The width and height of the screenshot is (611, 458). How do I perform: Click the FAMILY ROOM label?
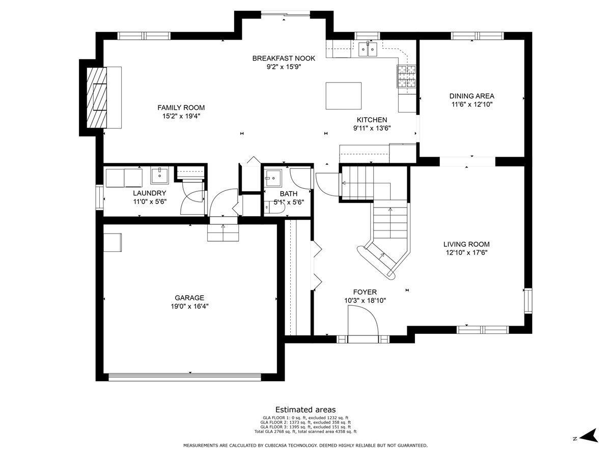tap(181, 107)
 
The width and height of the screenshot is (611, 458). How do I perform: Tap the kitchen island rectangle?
tap(344, 96)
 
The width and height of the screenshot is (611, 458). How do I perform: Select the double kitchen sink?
tap(368, 49)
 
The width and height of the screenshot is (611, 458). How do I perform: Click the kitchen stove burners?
tap(406, 76)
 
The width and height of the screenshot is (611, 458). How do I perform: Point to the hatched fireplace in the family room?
tap(97, 97)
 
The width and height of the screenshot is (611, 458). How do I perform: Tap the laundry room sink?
tap(159, 175)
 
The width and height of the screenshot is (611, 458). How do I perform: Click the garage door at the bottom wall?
tap(184, 377)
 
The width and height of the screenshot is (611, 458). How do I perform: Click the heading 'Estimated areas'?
tap(305, 409)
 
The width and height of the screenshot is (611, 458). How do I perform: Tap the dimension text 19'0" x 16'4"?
tap(189, 306)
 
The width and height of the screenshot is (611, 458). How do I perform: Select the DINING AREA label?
tap(472, 96)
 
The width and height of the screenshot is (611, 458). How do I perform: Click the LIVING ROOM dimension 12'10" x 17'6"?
tap(466, 252)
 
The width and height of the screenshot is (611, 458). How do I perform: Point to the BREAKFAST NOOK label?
tap(284, 58)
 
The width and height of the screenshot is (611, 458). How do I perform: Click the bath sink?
tap(272, 177)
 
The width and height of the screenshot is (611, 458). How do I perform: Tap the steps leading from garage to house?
tap(223, 233)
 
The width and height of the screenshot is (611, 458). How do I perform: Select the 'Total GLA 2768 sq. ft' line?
tap(305, 432)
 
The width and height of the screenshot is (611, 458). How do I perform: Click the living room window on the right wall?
tap(528, 301)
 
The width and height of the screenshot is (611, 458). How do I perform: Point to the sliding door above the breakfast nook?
tap(286, 13)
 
